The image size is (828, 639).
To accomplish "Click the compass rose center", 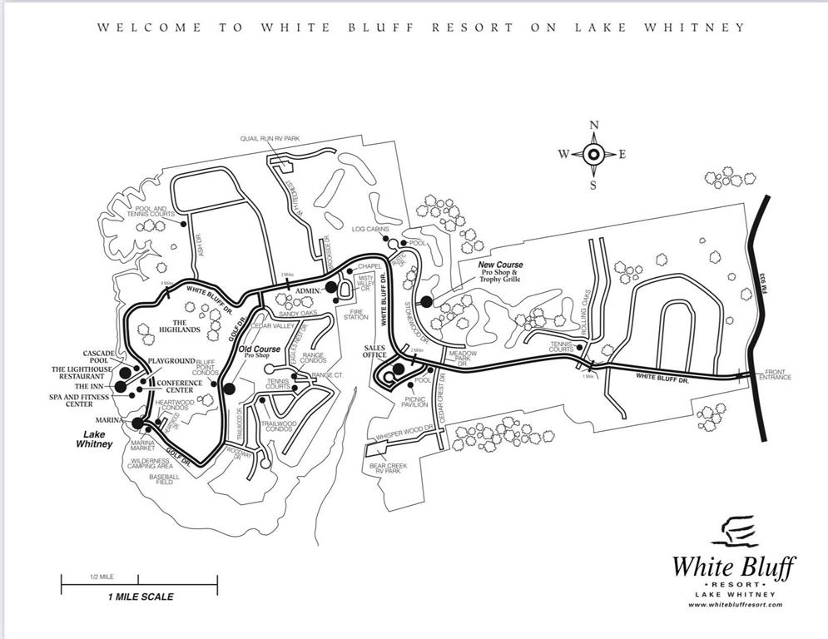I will click(x=593, y=154).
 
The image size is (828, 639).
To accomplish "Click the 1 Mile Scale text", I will click(x=140, y=597).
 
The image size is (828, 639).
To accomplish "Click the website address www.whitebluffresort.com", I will click(x=735, y=605).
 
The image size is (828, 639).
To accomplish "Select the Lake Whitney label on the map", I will click(x=93, y=439).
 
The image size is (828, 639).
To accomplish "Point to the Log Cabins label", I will click(x=370, y=229).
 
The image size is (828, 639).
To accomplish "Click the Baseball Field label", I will click(x=164, y=478).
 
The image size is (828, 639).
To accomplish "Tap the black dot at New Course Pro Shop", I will click(x=427, y=302).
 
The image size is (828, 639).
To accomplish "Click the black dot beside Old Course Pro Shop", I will click(x=229, y=388).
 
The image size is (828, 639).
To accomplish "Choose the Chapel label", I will click(x=369, y=266).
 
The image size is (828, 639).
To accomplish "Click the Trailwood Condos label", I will click(x=279, y=425).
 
